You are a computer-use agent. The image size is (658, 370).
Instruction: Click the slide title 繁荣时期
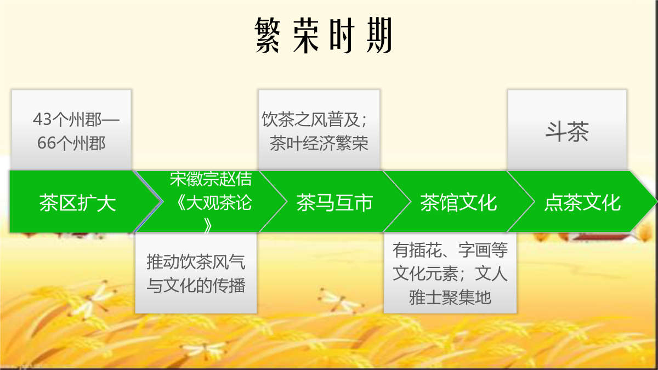pos(323,35)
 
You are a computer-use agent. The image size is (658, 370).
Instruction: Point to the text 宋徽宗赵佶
pos(211,179)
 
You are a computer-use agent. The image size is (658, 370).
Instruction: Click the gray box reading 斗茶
pos(567,130)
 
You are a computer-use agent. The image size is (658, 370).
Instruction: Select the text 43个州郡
pos(67,119)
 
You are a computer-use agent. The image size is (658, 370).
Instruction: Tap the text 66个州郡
pos(71,143)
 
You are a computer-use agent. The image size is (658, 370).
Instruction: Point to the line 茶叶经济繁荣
pos(319,143)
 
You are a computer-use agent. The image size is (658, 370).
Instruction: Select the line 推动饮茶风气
pos(196,261)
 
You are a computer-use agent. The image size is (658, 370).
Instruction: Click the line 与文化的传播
pos(196,286)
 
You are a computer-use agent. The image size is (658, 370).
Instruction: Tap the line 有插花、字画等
pos(450,250)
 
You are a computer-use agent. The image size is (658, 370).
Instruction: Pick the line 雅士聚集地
pos(450,298)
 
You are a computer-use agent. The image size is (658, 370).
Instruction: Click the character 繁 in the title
pos(268,35)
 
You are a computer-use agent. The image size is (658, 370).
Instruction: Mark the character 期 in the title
pos(379,35)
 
